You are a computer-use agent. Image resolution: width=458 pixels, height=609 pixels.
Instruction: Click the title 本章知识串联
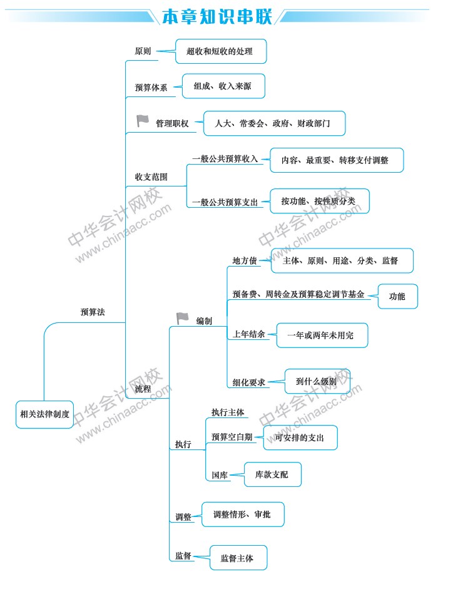coord(217,17)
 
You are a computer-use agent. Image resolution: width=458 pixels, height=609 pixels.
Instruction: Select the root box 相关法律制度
coord(44,414)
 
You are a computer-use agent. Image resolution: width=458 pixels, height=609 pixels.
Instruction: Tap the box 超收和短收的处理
coord(221,51)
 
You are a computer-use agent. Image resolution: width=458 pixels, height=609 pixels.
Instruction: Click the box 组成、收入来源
coord(223,86)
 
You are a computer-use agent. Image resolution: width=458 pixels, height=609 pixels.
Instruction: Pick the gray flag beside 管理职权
coord(143,121)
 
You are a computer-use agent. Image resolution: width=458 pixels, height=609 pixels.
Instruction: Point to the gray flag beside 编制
coord(182,318)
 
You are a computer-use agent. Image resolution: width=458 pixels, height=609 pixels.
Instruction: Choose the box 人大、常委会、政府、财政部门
coord(275,123)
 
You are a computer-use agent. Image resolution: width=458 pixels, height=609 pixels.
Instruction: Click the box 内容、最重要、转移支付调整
coord(337,160)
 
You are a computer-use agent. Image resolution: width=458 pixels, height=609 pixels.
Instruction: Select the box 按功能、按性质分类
coord(320,201)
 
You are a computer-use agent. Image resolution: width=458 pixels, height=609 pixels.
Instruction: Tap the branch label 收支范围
coord(151,177)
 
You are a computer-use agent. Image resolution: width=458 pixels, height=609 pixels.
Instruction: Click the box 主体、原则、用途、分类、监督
coord(342,260)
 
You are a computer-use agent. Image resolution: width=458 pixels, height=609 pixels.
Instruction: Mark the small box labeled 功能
coord(397,296)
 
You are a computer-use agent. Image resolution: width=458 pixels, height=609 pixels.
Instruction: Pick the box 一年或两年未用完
coord(322,335)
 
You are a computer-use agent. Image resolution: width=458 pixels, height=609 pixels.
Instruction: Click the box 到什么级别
coord(317,381)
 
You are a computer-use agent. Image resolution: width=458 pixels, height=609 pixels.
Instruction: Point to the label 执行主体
coord(228,412)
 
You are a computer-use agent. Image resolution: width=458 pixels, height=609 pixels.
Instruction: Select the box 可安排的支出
coord(300,438)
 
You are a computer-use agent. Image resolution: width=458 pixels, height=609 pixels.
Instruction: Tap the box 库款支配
coord(272,474)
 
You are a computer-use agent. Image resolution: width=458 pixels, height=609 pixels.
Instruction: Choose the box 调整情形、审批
coord(243,514)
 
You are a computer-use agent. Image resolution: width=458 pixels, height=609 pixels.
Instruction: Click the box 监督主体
coord(238,558)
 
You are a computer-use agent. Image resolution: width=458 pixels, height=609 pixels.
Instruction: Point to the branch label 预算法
coord(93,312)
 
